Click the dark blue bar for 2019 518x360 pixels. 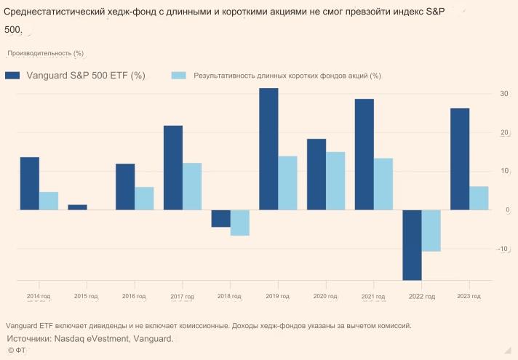268,149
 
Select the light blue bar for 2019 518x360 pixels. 287,183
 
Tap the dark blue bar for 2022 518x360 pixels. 412,245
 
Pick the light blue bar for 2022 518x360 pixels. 431,231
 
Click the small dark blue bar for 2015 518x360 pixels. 77,207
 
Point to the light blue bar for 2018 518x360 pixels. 239,223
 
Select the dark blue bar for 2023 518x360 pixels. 460,159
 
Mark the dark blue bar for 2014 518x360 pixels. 30,183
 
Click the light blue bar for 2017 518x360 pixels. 192,186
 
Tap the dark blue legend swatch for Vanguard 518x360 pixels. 12,75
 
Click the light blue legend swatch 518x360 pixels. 178,75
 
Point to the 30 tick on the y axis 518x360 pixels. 503,94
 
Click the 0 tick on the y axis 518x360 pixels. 506,210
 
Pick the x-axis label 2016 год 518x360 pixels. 135,297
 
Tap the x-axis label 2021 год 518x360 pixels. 373,297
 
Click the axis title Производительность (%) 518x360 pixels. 46,53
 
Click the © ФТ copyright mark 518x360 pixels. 17,351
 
